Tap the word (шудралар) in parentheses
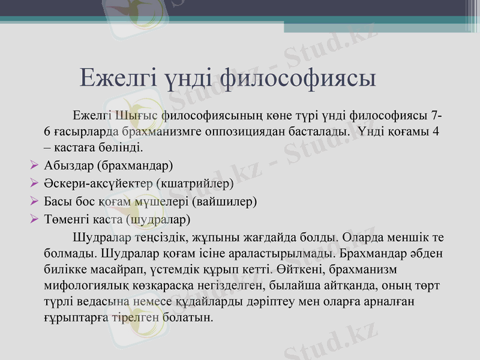158,220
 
